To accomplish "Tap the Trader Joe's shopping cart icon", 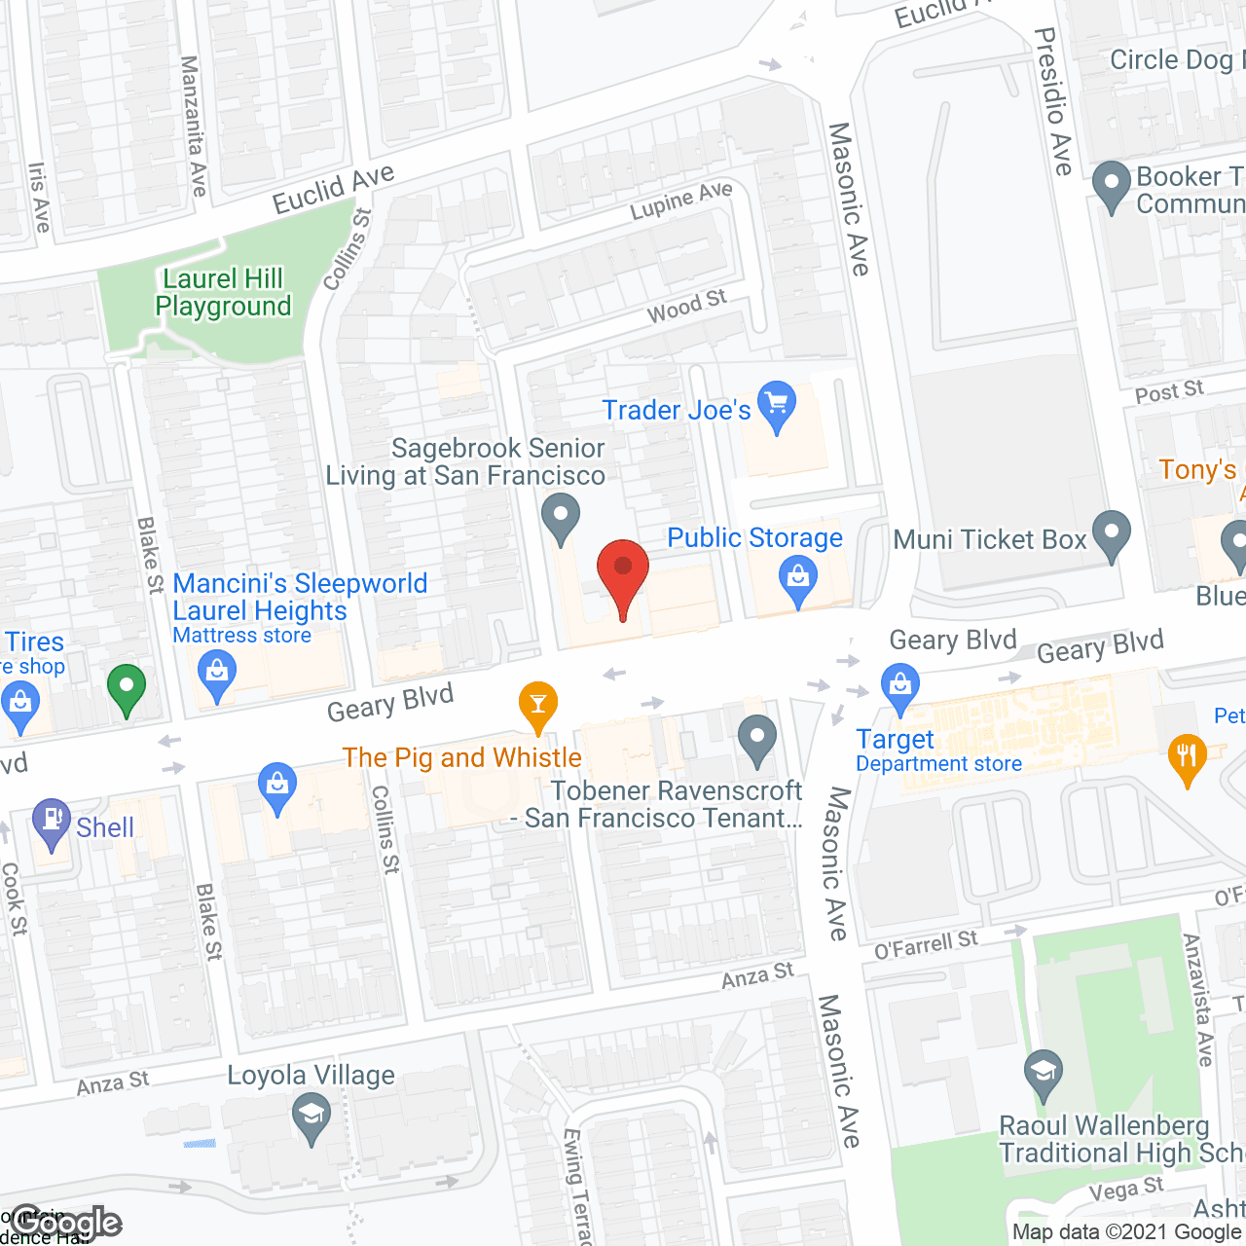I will pyautogui.click(x=776, y=403).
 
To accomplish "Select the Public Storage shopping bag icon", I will pyautogui.click(x=797, y=577).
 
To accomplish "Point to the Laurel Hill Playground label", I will pyautogui.click(x=223, y=292).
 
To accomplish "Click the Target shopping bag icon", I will pyautogui.click(x=900, y=684).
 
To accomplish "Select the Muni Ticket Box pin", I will pyautogui.click(x=1111, y=532).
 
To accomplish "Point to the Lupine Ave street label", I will pyautogui.click(x=680, y=201).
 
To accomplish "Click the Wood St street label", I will pyautogui.click(x=686, y=307).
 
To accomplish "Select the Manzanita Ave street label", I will pyautogui.click(x=194, y=126).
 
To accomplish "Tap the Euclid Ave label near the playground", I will pyautogui.click(x=333, y=188).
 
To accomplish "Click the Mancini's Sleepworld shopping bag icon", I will pyautogui.click(x=216, y=672).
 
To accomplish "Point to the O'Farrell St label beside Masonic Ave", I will pyautogui.click(x=926, y=944).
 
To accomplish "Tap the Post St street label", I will pyautogui.click(x=1169, y=392).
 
